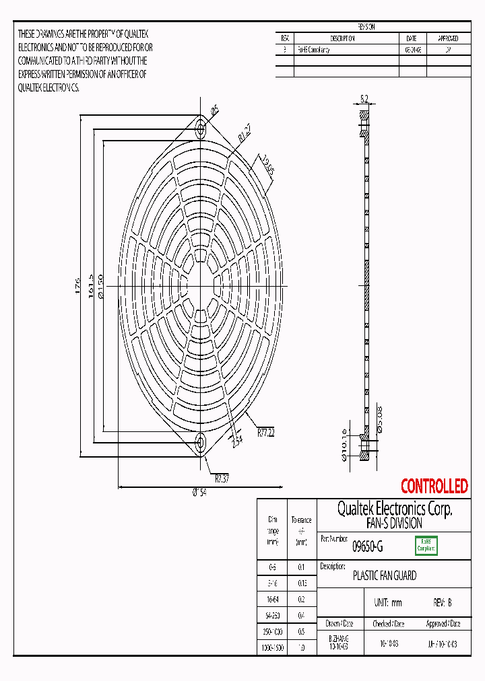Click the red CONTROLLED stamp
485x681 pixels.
(x=434, y=486)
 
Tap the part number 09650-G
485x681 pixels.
(x=367, y=547)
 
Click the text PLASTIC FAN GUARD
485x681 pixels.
(x=385, y=576)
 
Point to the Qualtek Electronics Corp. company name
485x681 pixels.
(x=394, y=509)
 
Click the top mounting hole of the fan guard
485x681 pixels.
(x=201, y=128)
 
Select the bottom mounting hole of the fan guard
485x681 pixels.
(x=201, y=443)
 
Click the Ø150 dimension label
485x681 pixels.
(x=101, y=285)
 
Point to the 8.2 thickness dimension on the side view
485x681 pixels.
(x=364, y=99)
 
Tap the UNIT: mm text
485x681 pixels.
(x=387, y=603)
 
